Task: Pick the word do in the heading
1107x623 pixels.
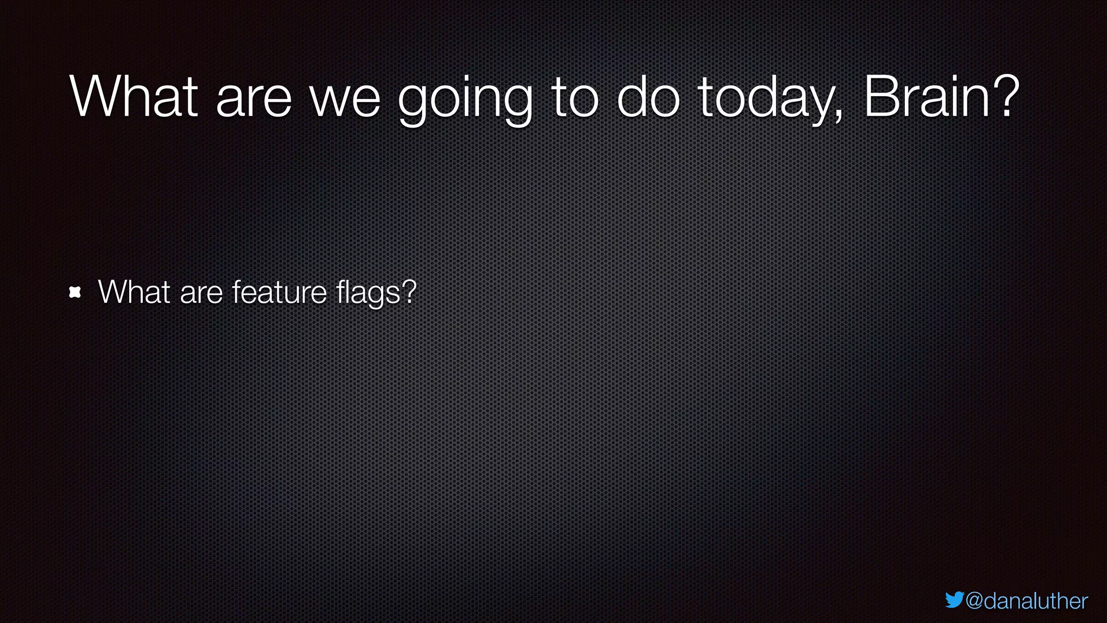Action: tap(648, 97)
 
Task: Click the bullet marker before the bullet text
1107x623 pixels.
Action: tap(75, 293)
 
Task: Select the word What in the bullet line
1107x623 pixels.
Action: tap(134, 292)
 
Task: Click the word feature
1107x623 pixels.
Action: tap(279, 292)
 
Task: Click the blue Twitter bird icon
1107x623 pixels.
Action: tap(955, 600)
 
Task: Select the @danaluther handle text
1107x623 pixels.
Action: tap(1026, 601)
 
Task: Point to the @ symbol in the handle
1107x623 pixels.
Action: tap(975, 601)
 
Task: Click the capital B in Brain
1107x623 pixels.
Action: tap(879, 97)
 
